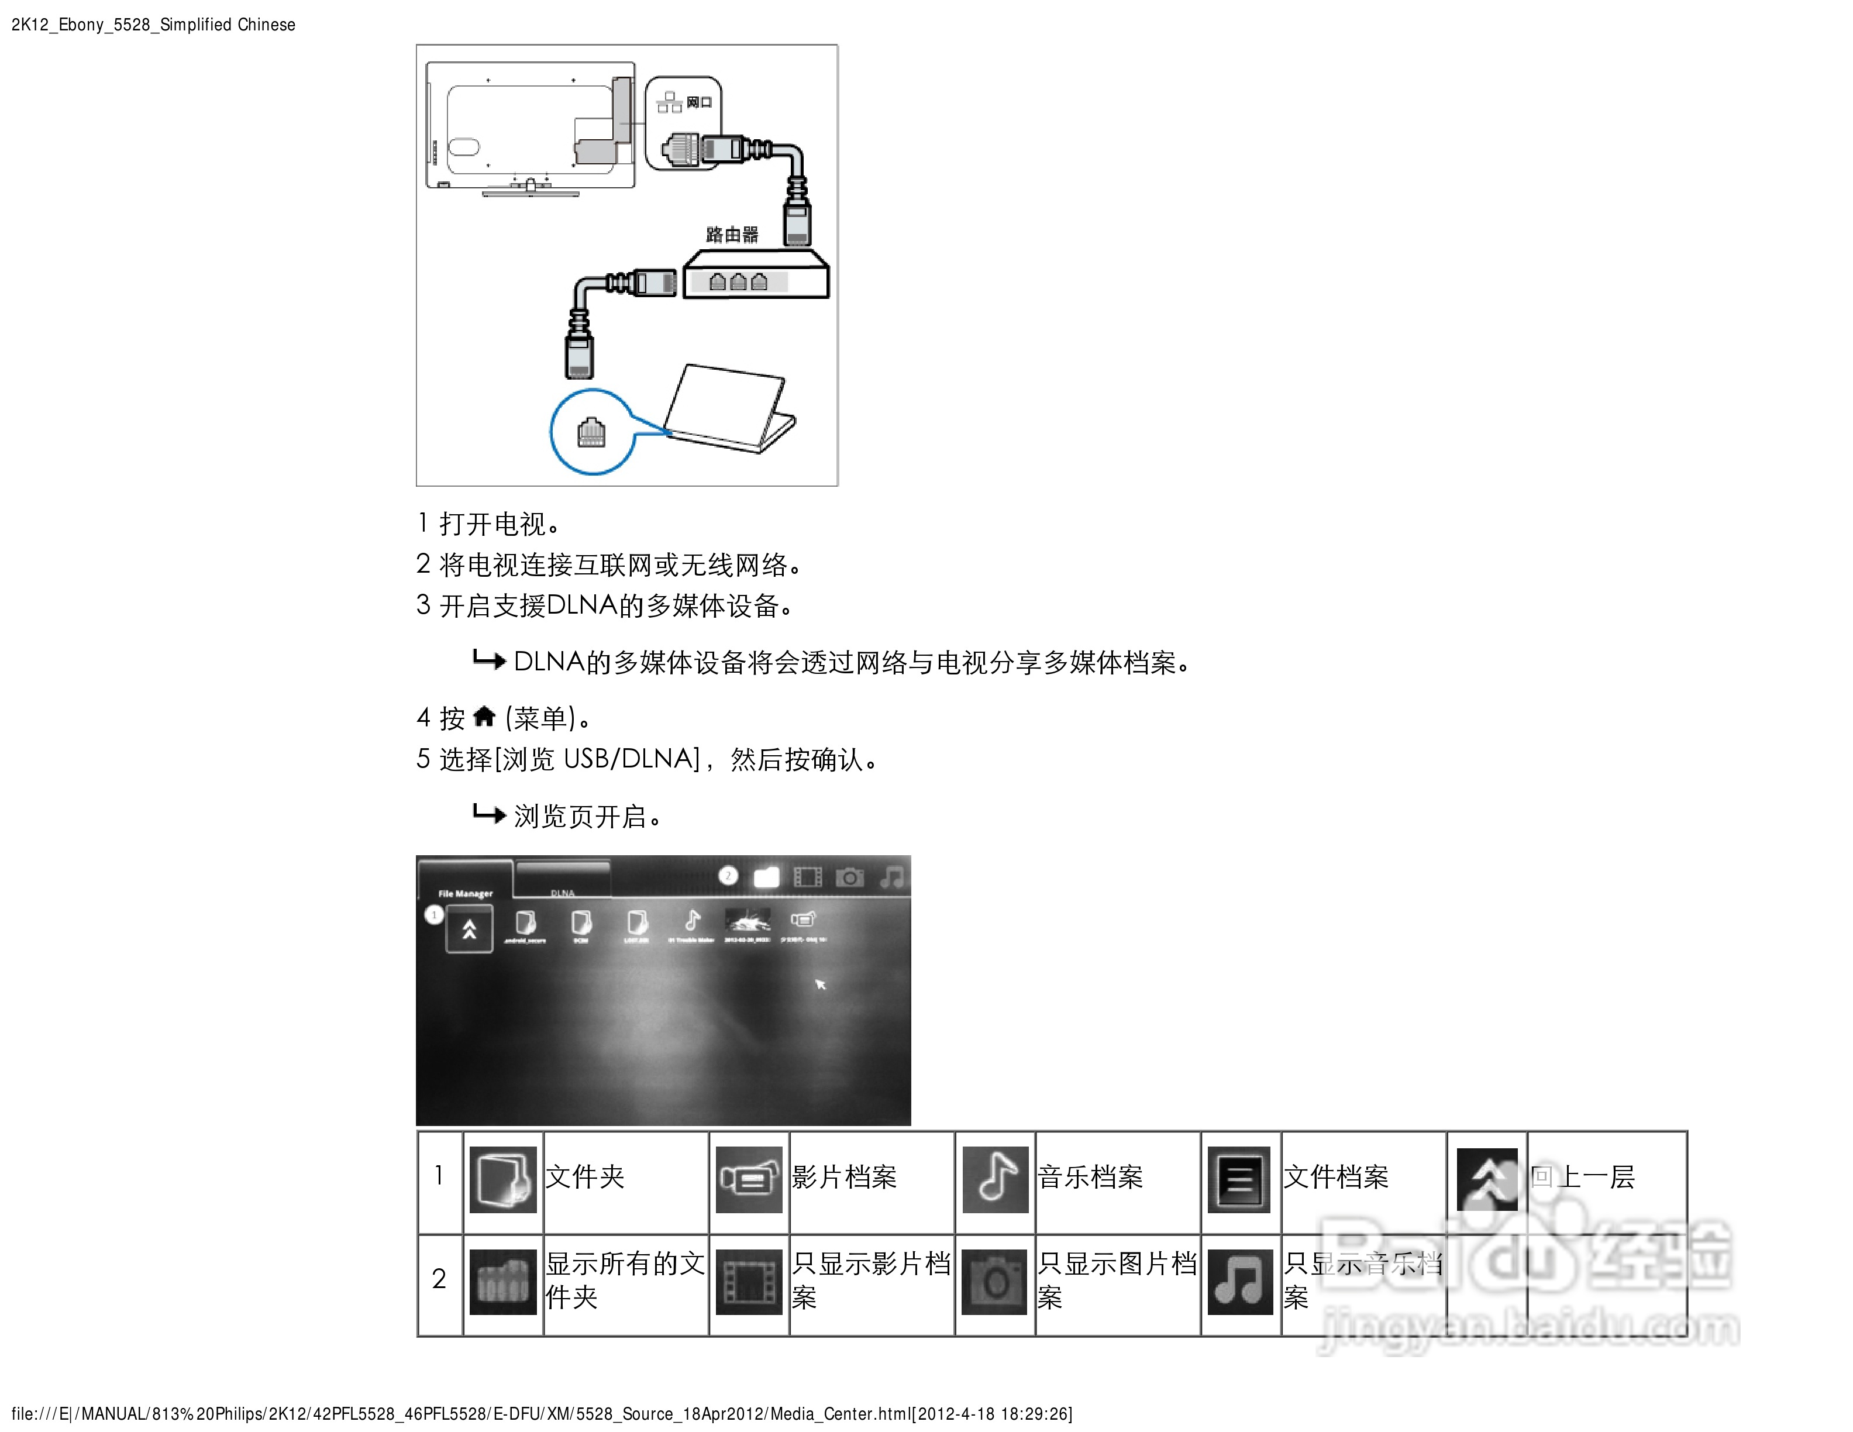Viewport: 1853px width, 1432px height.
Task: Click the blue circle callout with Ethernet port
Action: [x=592, y=432]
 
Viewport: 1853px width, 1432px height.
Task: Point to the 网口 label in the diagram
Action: [x=698, y=102]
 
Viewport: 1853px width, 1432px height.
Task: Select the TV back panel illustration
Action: [x=531, y=128]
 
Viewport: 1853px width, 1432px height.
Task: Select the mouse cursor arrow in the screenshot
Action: [x=819, y=984]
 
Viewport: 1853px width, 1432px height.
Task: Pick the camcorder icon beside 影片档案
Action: [x=748, y=1179]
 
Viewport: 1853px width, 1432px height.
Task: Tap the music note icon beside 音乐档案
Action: [x=995, y=1179]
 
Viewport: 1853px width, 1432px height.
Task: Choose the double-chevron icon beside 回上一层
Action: [x=1486, y=1179]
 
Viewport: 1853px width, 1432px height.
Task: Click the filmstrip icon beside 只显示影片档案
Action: [x=748, y=1282]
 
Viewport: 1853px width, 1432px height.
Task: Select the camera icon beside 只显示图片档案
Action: [x=994, y=1282]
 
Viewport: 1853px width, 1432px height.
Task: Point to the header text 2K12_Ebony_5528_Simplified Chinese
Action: [x=153, y=25]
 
